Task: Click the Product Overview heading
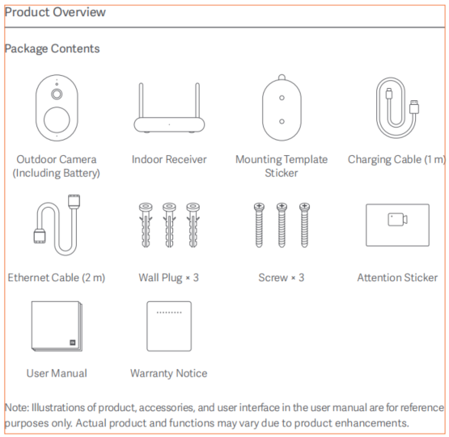[55, 12]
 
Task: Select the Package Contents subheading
[52, 48]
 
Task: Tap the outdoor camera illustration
[57, 107]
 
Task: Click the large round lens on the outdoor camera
[57, 120]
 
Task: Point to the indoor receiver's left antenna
[141, 100]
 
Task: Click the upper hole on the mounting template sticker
[282, 98]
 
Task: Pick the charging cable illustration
[397, 107]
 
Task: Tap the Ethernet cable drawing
[57, 225]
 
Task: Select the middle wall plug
[169, 225]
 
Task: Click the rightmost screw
[304, 225]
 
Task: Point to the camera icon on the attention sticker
[397, 220]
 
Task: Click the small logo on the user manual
[73, 342]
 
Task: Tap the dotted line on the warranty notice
[169, 313]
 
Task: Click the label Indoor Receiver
[169, 160]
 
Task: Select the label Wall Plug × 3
[168, 278]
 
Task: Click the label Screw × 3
[282, 278]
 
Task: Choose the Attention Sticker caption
[397, 278]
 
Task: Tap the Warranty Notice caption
[168, 373]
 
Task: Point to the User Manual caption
[57, 373]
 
